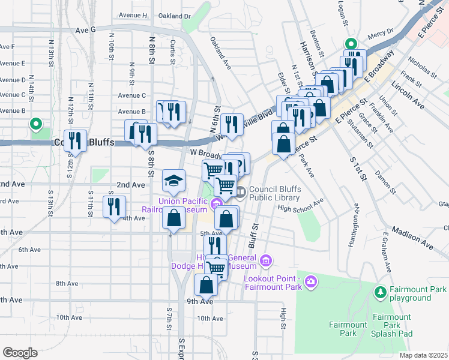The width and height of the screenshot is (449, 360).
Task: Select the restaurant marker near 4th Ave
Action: [112, 207]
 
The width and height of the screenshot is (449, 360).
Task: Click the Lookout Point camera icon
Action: [310, 281]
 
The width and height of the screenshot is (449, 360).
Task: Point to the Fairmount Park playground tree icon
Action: [380, 292]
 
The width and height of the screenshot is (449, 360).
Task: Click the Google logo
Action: [19, 353]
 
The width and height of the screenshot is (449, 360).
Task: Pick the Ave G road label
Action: [86, 29]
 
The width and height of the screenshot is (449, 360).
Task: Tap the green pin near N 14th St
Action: [36, 125]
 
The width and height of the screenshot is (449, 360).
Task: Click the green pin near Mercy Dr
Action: [350, 43]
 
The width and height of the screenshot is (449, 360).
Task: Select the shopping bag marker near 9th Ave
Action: [206, 284]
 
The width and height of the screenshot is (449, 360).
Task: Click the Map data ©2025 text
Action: [423, 355]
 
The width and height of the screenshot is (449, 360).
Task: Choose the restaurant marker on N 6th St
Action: [231, 124]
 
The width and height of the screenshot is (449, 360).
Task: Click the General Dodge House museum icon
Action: [266, 261]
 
